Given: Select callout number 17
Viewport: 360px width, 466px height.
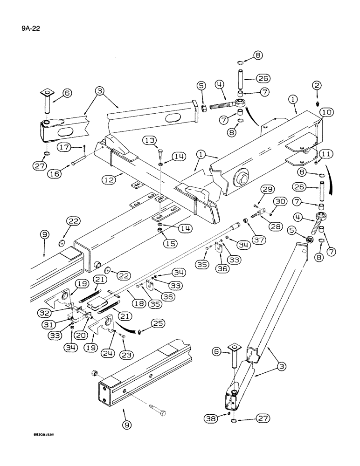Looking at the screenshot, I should (x=66, y=148).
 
